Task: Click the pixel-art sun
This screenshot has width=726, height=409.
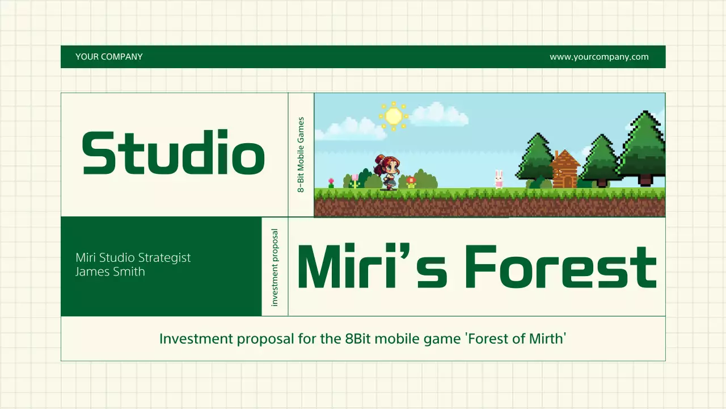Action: (x=393, y=116)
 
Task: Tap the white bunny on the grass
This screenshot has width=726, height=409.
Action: (x=499, y=179)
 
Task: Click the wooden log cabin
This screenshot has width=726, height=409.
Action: (x=565, y=170)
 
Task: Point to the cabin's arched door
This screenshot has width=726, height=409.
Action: (x=565, y=181)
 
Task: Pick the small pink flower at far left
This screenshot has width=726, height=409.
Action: (x=331, y=182)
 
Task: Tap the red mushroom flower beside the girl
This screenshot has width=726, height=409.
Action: (x=411, y=181)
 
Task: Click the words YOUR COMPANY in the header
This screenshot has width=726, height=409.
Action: (x=109, y=57)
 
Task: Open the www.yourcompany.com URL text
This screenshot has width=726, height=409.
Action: (x=599, y=57)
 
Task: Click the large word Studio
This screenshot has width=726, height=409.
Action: (x=174, y=153)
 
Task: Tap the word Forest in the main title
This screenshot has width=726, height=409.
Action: (x=560, y=267)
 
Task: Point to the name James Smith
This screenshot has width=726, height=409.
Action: (x=110, y=272)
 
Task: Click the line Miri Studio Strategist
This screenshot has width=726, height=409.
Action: (x=133, y=257)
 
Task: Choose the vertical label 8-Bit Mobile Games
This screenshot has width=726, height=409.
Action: (x=301, y=155)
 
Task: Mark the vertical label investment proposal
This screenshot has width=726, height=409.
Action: (x=275, y=267)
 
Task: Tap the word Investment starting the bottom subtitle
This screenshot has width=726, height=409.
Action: (x=196, y=339)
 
